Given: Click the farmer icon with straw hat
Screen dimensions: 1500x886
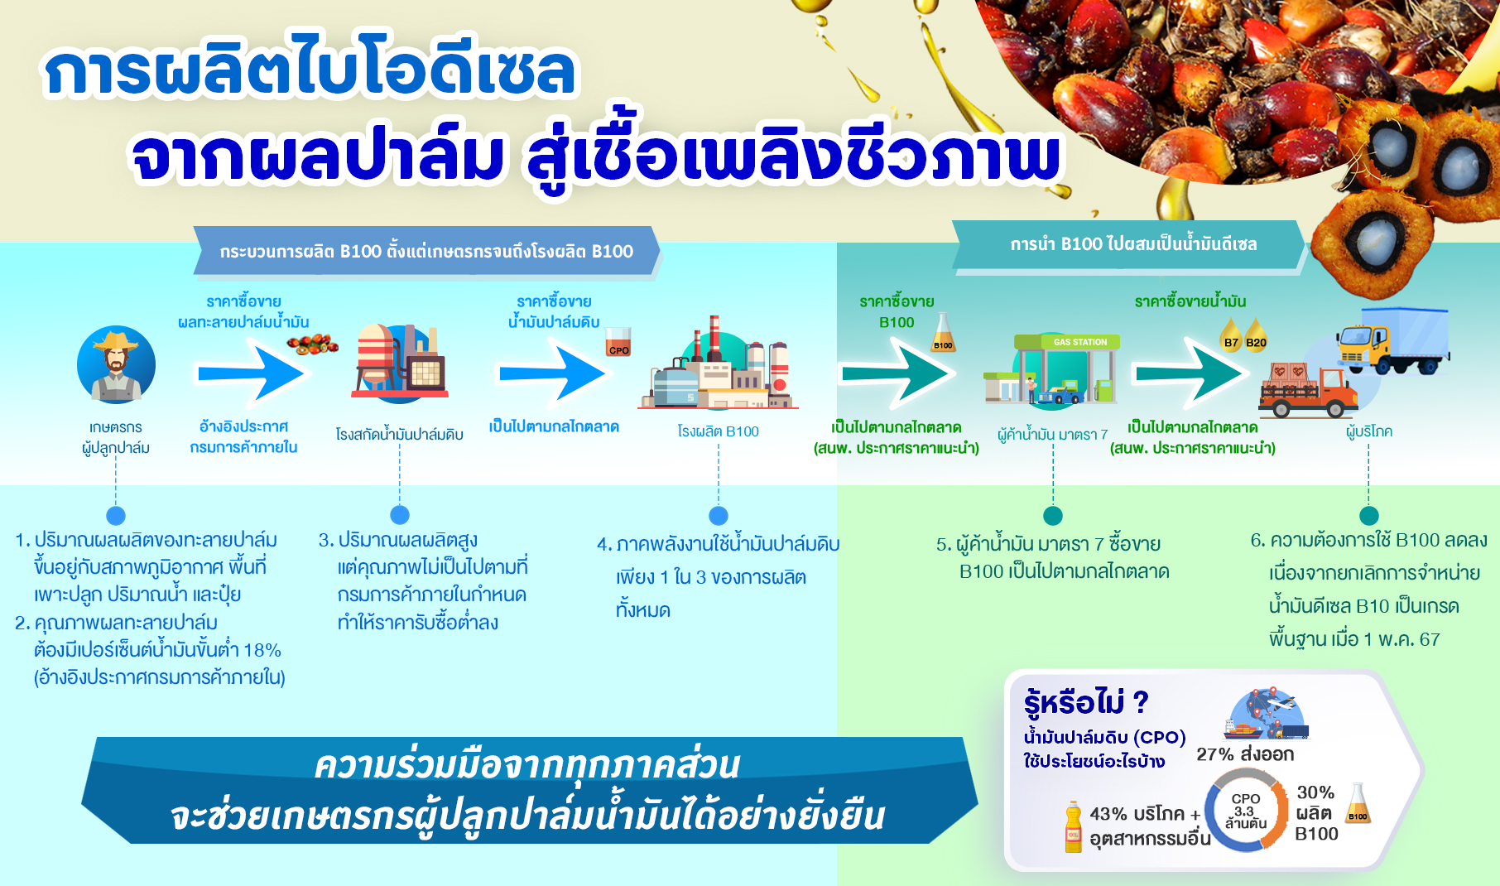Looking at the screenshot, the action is click(x=116, y=364).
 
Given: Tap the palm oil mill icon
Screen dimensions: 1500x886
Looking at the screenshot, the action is click(x=400, y=363).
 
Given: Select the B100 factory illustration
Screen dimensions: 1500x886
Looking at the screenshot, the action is click(x=718, y=364).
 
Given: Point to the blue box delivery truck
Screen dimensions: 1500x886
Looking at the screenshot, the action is click(x=1393, y=340).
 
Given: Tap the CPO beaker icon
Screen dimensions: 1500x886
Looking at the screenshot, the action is click(x=618, y=341).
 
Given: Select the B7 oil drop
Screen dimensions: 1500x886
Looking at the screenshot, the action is click(x=1231, y=335).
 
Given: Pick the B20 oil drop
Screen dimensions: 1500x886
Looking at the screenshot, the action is click(x=1256, y=335).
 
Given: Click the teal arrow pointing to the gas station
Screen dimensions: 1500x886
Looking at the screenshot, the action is click(x=896, y=373).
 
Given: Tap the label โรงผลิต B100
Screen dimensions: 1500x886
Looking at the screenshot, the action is click(x=718, y=431).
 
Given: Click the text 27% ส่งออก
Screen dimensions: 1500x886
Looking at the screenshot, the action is click(x=1245, y=754).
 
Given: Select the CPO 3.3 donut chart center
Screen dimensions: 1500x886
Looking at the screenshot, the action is click(x=1245, y=811).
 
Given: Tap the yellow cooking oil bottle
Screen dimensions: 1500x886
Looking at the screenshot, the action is click(x=1074, y=826).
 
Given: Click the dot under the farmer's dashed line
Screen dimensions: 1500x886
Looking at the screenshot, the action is click(x=116, y=515).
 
